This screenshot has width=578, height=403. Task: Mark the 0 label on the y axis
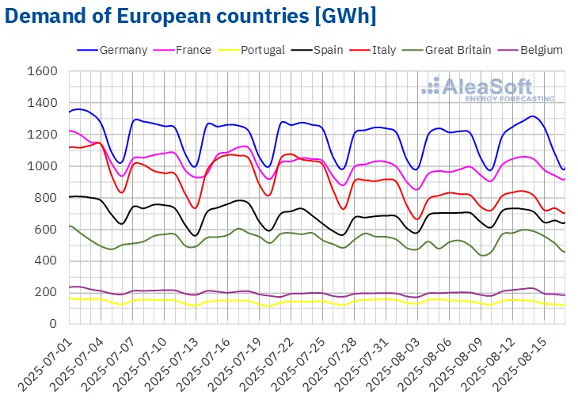pyautogui.click(x=54, y=324)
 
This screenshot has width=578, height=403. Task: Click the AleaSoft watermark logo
pyautogui.click(x=486, y=89)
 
